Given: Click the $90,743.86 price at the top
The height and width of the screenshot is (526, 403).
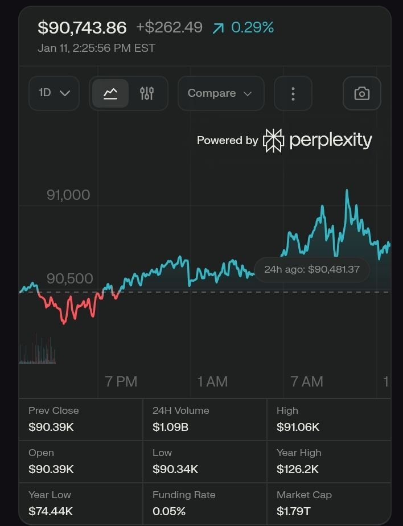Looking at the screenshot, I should coord(82,27).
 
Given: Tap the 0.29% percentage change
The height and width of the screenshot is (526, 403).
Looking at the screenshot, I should coord(252,27).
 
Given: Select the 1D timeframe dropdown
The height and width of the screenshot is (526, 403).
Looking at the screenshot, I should coord(54,93).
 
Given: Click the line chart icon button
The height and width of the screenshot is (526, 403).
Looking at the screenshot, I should coord(110,93).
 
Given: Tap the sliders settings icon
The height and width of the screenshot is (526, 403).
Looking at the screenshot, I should coord(147,93).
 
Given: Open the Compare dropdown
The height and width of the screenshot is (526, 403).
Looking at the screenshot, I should coord(220,93).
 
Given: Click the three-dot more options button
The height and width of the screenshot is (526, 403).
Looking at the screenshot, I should coord(293,93).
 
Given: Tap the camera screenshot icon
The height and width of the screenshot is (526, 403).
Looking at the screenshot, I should coord(361,93).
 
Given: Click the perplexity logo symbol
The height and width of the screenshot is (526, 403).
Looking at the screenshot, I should coord(273,141).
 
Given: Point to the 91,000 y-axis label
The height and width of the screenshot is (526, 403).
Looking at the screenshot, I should coord(68,195).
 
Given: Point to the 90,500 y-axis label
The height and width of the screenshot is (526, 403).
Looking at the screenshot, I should coord(69,278).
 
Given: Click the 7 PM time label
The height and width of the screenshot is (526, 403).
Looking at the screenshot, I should coord(121,381).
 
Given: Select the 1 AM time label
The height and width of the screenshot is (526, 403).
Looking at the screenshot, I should coord(212,381).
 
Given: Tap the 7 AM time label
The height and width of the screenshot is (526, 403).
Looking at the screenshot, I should coord(307,381).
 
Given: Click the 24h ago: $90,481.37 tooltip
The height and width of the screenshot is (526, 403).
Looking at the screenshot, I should coord(311,269).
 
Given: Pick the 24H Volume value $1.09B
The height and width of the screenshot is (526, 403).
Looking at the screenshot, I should coord(170,427).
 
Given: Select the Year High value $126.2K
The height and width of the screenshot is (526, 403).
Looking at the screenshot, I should coord(298,469).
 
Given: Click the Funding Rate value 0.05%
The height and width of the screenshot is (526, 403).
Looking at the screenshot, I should coord(169,511).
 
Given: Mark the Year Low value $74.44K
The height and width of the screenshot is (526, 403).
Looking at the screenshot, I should coord(51,511).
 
